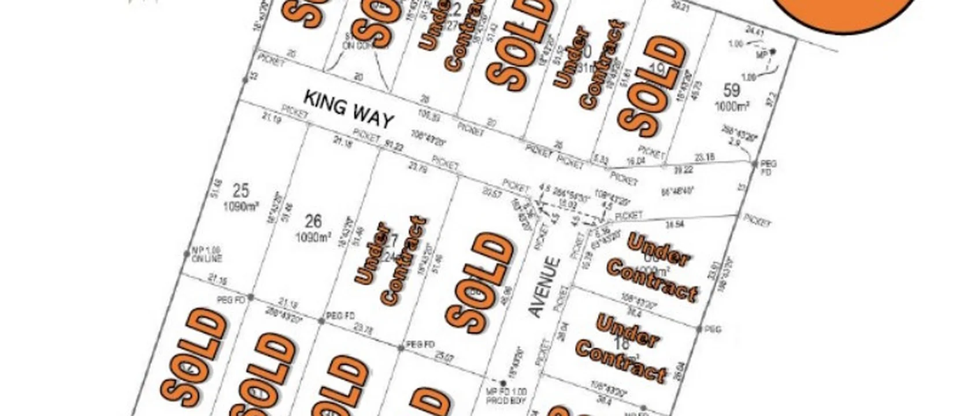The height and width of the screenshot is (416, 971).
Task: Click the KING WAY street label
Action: tap(349, 109)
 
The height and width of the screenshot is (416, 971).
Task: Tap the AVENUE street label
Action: tap(546, 287)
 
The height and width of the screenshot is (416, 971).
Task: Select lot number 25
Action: tap(241, 190)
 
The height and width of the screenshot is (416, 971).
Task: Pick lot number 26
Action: tap(313, 221)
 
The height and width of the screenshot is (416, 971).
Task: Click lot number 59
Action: tap(732, 90)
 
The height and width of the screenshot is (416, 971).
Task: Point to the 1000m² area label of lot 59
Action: tap(732, 106)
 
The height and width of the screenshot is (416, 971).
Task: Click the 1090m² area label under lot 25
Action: tap(241, 205)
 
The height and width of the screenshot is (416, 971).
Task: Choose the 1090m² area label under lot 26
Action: tap(313, 236)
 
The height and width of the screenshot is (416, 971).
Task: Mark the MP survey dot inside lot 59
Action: tap(773, 52)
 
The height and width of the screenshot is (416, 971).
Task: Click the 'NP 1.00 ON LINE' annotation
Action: tap(206, 256)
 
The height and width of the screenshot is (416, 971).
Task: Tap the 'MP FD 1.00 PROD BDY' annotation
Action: tap(506, 396)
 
